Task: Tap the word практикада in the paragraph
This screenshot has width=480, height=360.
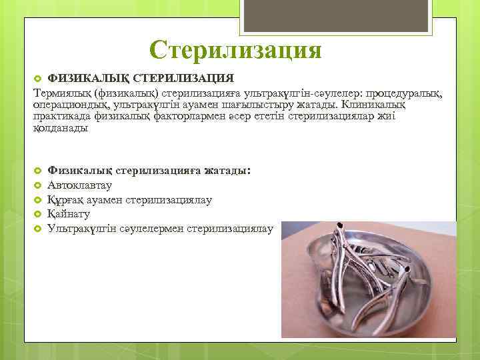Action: click(x=62, y=116)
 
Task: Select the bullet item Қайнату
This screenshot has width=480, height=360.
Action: click(x=69, y=214)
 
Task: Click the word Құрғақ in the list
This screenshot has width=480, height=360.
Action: click(x=65, y=199)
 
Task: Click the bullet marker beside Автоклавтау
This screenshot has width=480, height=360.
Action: click(x=38, y=185)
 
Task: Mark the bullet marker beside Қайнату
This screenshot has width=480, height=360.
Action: click(x=38, y=214)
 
